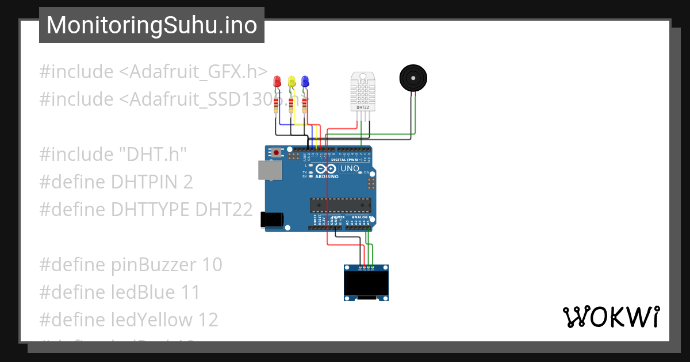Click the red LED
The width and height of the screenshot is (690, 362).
(x=277, y=82)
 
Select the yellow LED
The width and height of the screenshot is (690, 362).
(x=292, y=82)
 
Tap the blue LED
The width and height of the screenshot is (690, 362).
(x=305, y=82)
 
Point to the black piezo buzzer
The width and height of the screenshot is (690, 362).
(x=413, y=78)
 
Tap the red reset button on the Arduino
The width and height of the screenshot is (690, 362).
(x=277, y=153)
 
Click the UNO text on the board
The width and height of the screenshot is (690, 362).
(x=350, y=169)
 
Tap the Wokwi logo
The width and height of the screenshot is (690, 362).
(x=611, y=317)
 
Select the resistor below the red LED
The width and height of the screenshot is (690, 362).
(x=277, y=106)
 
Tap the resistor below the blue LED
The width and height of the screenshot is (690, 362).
(x=304, y=106)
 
